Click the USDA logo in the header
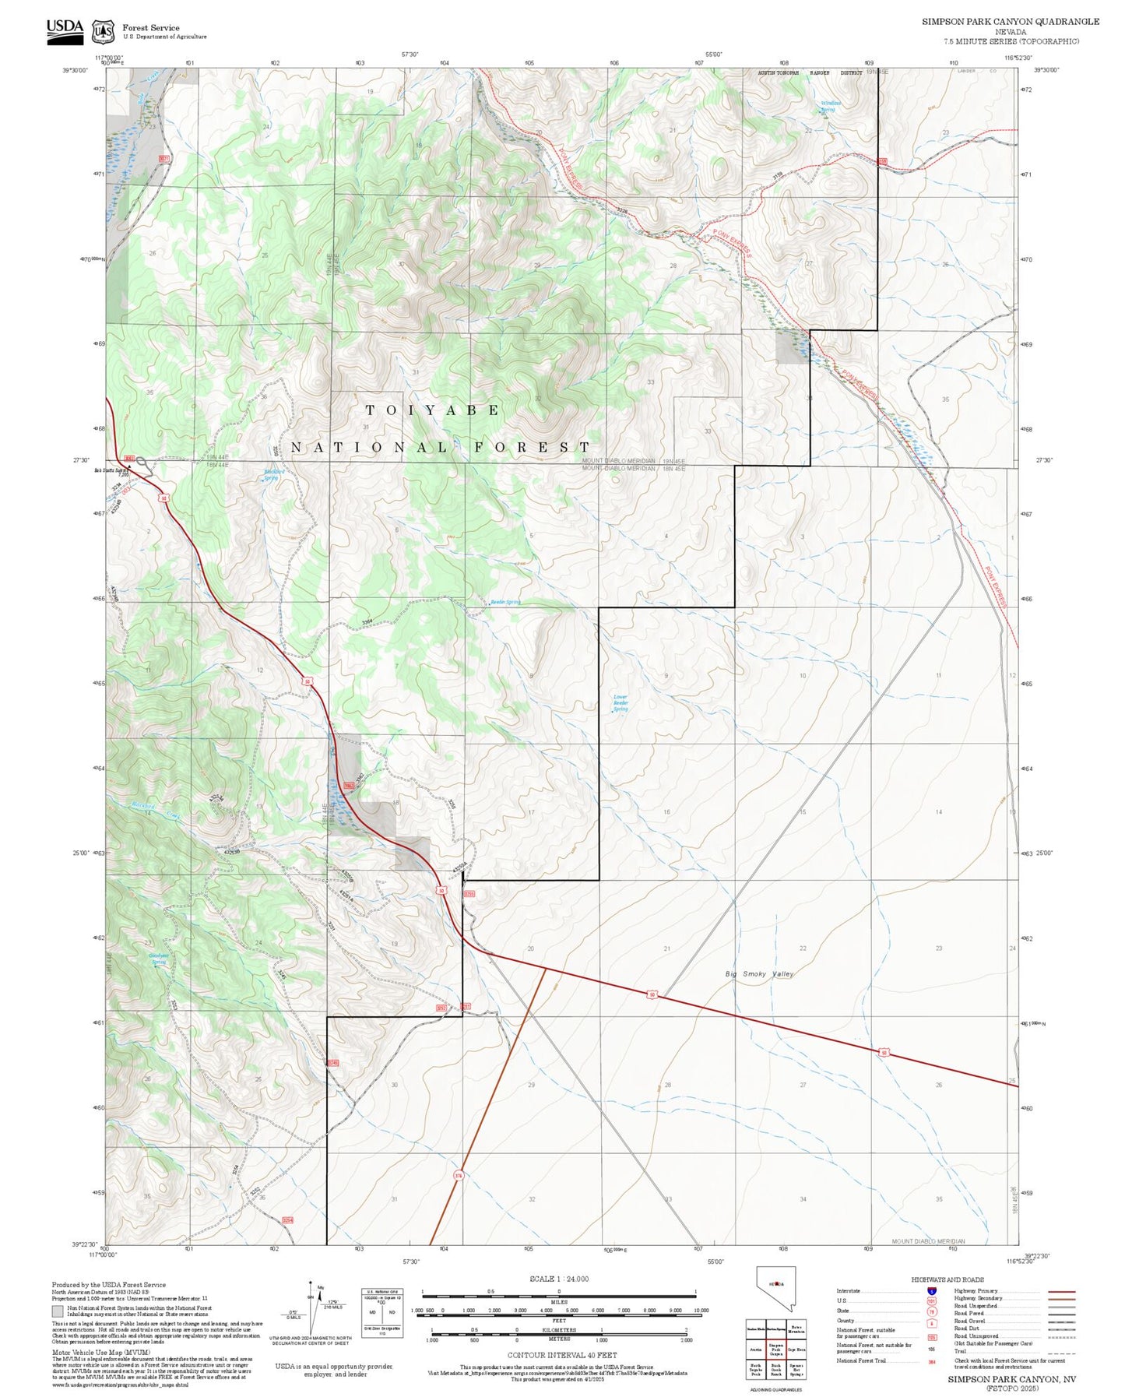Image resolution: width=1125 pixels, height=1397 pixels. [x=65, y=29]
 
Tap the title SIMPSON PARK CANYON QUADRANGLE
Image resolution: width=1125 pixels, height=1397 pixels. [x=1010, y=22]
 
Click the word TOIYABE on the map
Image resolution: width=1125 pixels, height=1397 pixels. [x=433, y=410]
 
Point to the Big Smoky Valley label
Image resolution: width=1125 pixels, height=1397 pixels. [x=759, y=974]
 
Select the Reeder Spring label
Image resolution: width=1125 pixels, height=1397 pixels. [x=505, y=602]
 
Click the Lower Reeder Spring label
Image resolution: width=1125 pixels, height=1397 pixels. [x=621, y=702]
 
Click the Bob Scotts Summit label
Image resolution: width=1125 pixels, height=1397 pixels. [x=111, y=470]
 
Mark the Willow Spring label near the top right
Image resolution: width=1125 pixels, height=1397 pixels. [x=830, y=107]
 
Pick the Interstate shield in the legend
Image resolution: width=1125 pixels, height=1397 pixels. [x=932, y=1291]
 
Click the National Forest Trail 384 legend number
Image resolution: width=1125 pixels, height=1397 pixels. [x=932, y=1362]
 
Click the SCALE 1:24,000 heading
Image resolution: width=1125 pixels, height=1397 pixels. [x=558, y=1279]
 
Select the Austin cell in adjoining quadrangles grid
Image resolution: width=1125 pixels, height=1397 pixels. [x=755, y=1349]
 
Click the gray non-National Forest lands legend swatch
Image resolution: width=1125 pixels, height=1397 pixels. [x=58, y=1311]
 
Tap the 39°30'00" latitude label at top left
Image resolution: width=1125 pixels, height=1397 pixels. [x=75, y=70]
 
